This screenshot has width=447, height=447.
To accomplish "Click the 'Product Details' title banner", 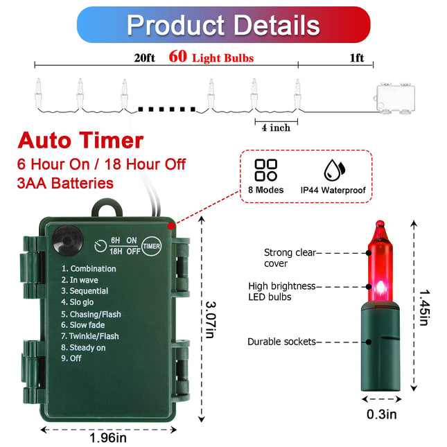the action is tap(223, 25).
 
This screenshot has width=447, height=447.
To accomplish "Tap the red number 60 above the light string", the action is tap(177, 56).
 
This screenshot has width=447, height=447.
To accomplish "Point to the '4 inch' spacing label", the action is tap(276, 128).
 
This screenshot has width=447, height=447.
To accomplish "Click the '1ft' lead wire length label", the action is tap(357, 58).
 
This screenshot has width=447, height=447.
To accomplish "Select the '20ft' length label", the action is tap(145, 58).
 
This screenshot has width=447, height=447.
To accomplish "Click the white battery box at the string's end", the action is tap(395, 98).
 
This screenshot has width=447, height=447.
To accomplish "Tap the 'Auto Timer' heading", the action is tap(80, 140).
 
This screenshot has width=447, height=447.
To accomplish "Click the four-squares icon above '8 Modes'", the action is tap(265, 170).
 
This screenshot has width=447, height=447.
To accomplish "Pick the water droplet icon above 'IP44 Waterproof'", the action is tap(334, 170).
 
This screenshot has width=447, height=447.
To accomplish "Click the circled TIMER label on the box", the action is tap(151, 246).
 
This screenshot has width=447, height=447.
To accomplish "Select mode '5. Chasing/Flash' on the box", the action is tap(91, 314).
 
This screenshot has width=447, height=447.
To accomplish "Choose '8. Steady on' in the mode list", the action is tap(83, 347).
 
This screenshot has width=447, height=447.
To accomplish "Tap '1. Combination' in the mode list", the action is tap(89, 268).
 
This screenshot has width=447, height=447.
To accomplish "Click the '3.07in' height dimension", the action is tap(211, 319).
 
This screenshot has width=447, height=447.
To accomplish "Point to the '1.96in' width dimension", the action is tap(108, 437).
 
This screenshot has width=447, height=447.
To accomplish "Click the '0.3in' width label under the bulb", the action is tap(382, 414).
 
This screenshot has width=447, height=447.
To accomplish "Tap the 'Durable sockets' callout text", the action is tap(281, 342).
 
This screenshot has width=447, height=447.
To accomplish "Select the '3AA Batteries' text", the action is tap(65, 183).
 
